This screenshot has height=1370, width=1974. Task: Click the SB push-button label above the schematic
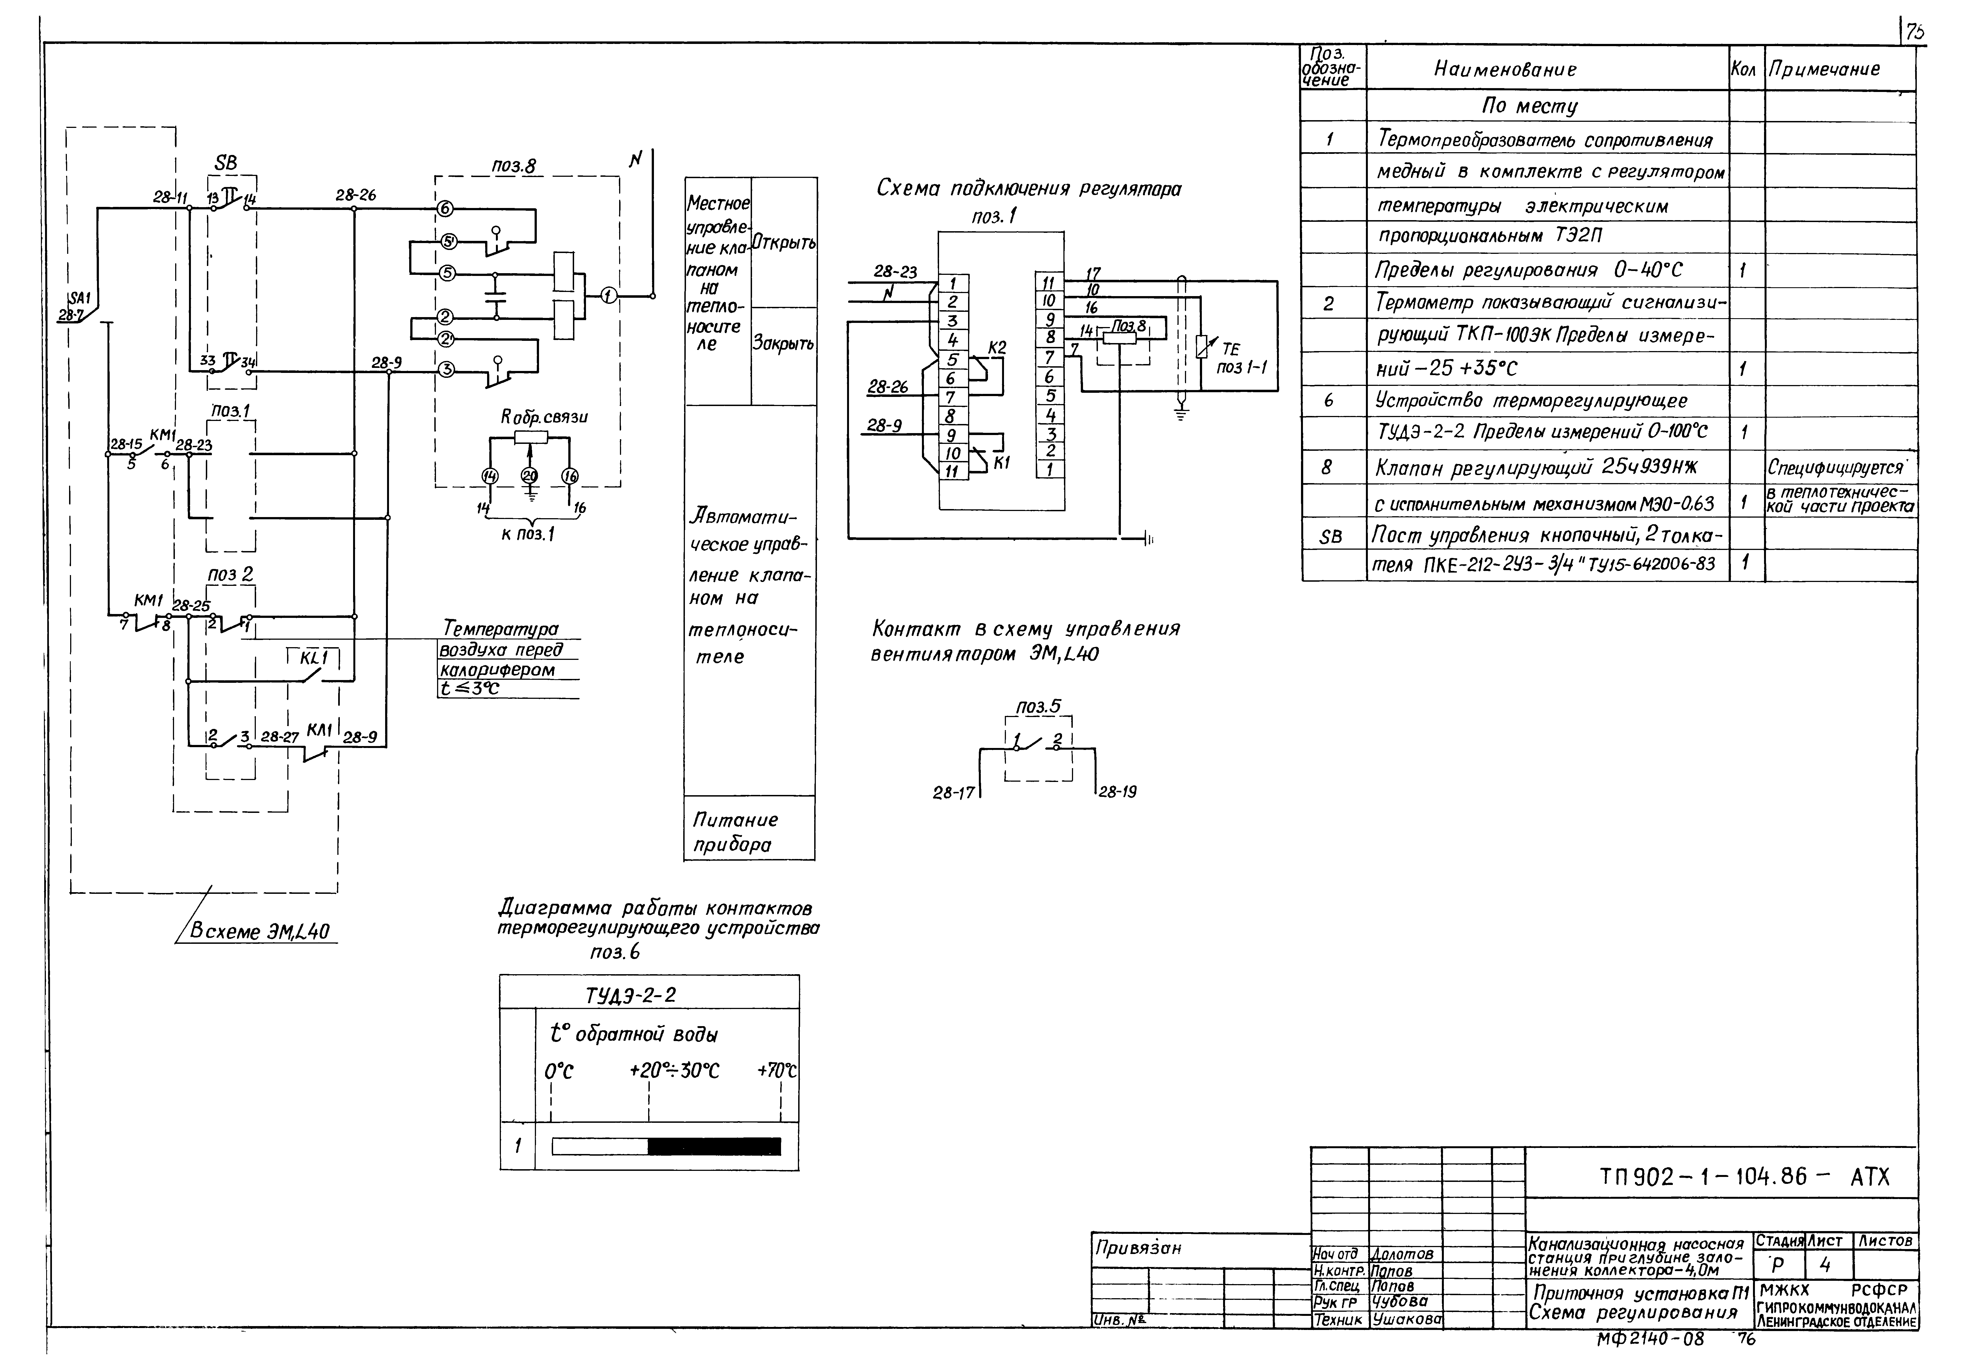[x=226, y=163]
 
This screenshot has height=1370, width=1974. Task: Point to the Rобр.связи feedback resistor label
[x=544, y=417]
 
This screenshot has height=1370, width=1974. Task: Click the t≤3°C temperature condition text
[x=470, y=688]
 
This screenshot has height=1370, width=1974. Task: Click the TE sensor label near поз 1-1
[x=1231, y=349]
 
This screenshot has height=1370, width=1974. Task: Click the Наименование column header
[x=1504, y=70]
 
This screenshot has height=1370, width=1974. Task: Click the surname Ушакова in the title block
[x=1406, y=1319]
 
